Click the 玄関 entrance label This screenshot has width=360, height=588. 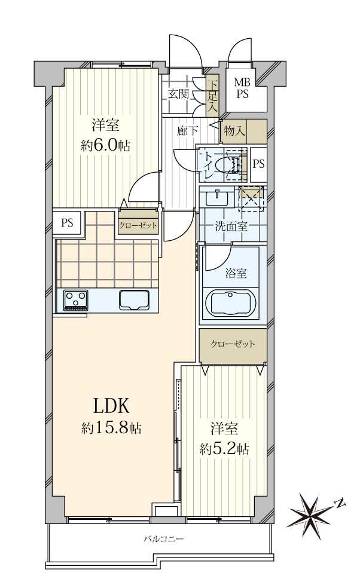[178, 94]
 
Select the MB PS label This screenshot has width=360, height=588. [242, 88]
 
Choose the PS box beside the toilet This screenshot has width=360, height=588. [258, 163]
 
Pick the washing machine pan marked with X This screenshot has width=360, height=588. [251, 198]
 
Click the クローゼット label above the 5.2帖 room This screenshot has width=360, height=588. [233, 344]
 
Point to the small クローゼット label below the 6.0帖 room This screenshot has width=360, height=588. [138, 225]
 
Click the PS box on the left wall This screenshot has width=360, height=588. [66, 223]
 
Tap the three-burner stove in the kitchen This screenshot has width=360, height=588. [76, 299]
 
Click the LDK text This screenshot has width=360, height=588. [111, 406]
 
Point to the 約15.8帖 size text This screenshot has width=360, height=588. [111, 428]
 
